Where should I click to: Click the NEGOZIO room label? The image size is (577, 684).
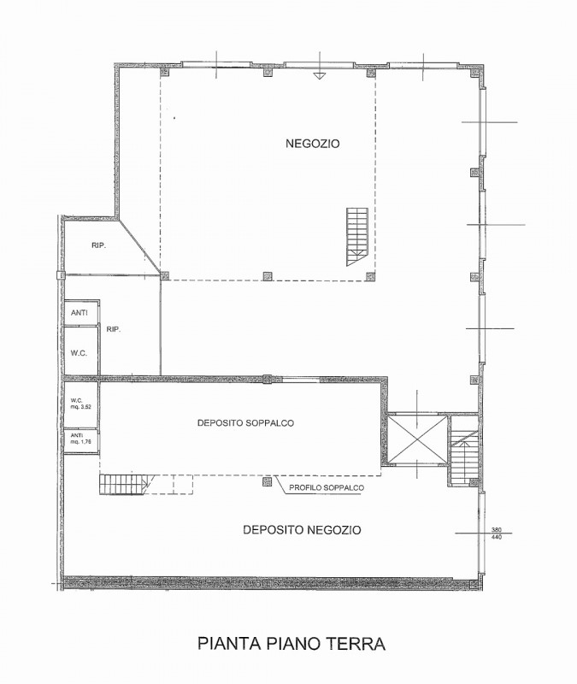312,144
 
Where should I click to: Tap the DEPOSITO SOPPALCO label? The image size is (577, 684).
245,422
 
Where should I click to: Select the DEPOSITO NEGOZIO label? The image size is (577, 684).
302,530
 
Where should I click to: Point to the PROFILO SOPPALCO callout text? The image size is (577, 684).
327,487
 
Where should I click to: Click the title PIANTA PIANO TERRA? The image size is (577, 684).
291,644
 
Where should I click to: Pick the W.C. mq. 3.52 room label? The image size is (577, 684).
80,404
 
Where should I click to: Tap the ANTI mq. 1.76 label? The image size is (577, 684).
79,439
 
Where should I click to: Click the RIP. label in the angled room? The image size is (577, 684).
99,245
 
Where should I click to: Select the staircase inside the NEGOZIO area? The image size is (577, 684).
357,237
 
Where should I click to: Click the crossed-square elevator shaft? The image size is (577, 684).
418,439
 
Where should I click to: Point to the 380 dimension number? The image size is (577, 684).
497,529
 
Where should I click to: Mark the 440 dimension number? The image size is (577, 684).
497,537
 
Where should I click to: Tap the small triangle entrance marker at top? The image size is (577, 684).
320,76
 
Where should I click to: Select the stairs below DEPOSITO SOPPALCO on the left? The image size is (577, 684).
124,484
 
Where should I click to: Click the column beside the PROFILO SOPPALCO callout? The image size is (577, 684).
267,481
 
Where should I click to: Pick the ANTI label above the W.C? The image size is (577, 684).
79,313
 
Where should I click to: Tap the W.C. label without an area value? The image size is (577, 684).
79,353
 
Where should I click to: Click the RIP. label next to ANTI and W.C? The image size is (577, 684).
114,330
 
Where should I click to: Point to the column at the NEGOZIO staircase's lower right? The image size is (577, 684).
371,275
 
